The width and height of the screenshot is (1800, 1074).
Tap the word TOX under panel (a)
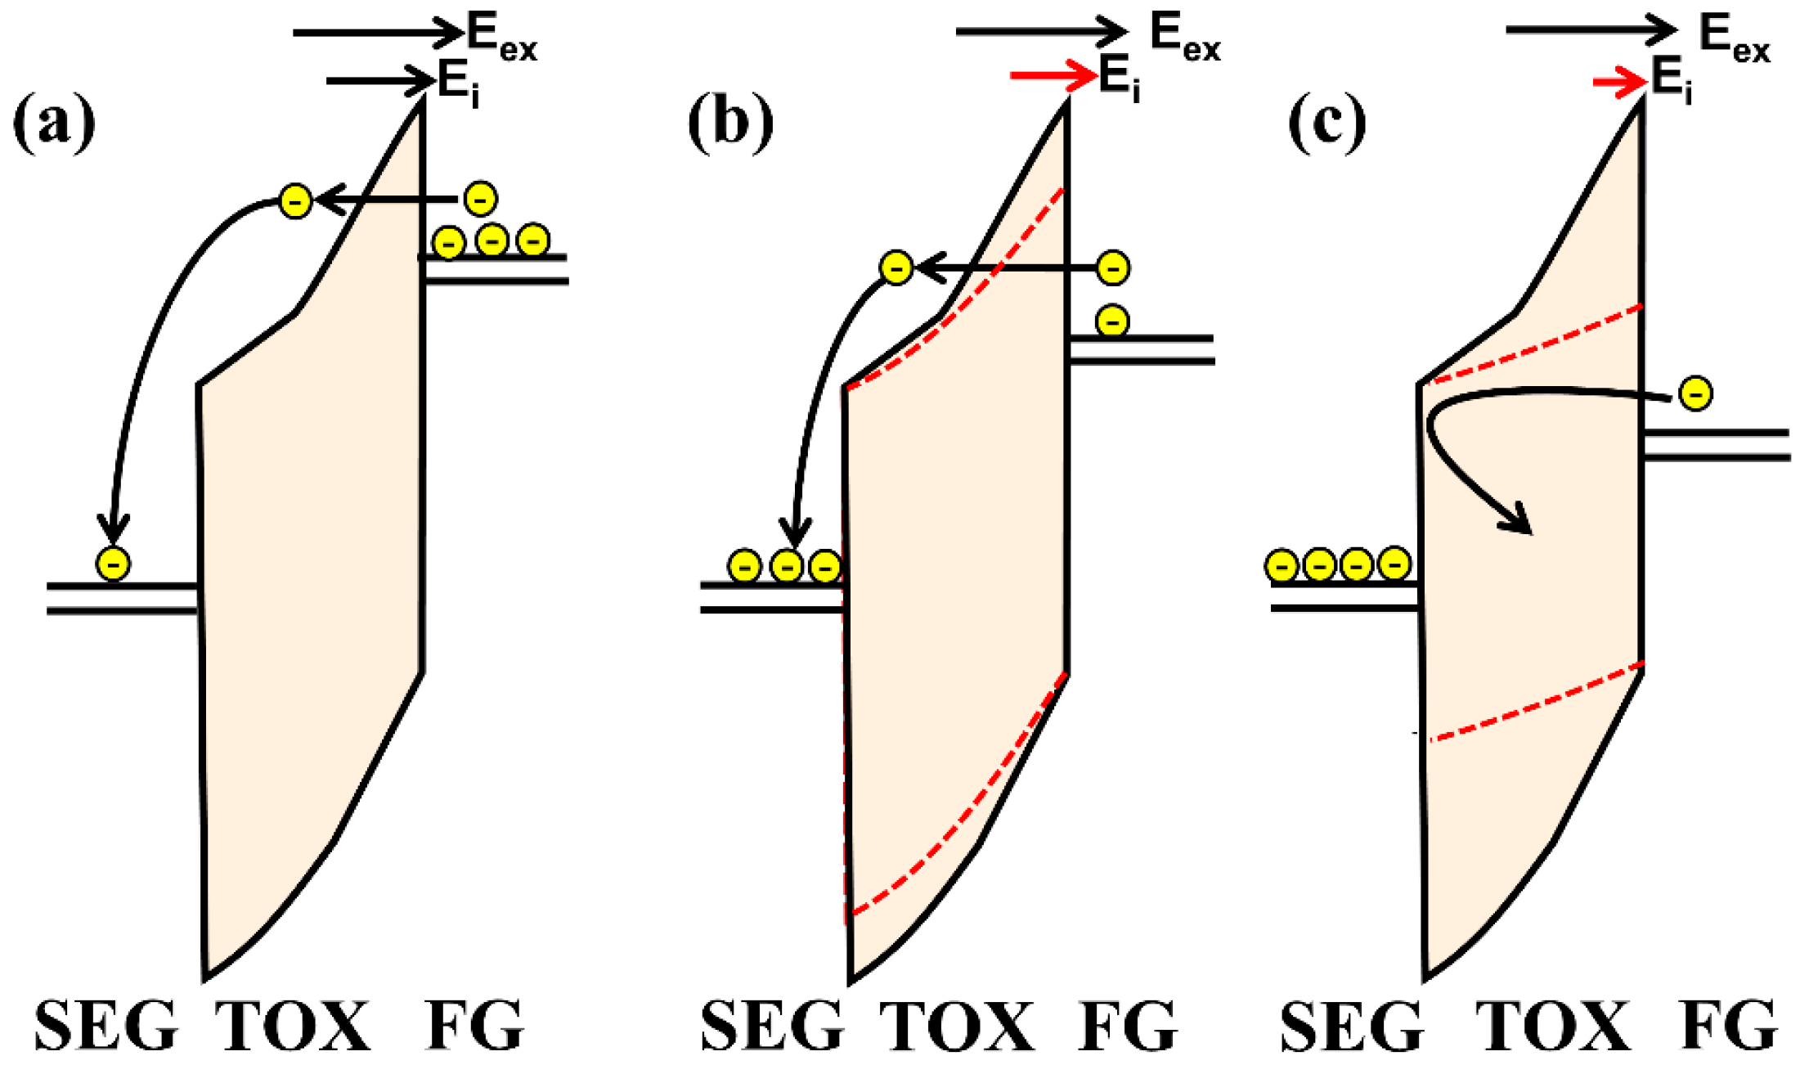[x=293, y=1026]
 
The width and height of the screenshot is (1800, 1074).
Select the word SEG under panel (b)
[x=772, y=1026]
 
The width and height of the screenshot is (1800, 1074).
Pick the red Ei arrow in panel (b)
[x=1053, y=76]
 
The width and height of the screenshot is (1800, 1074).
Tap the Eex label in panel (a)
[x=501, y=38]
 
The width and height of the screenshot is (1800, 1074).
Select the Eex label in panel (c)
[x=1734, y=38]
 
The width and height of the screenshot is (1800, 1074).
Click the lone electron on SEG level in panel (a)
[x=113, y=564]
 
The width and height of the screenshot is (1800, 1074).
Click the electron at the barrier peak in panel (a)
[x=295, y=201]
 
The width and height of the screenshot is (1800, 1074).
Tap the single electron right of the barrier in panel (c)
[x=1695, y=393]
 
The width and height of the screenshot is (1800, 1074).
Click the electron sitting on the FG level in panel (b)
[x=1112, y=321]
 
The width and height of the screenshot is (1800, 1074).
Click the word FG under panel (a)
[x=474, y=1026]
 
